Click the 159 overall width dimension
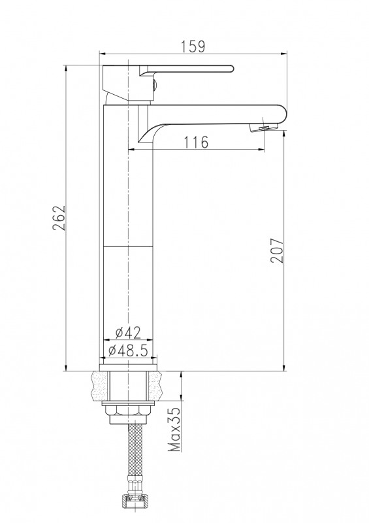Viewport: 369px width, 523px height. [x=193, y=46]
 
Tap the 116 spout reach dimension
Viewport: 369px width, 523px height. [x=196, y=142]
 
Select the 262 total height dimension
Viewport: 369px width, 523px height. [x=59, y=218]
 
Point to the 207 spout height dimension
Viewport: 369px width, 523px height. [x=277, y=250]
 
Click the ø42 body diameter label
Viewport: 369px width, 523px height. [x=128, y=333]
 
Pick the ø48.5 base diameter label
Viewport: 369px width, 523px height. [x=128, y=350]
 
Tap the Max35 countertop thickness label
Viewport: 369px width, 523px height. [x=174, y=430]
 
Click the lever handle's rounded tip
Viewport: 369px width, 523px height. [x=231, y=69]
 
